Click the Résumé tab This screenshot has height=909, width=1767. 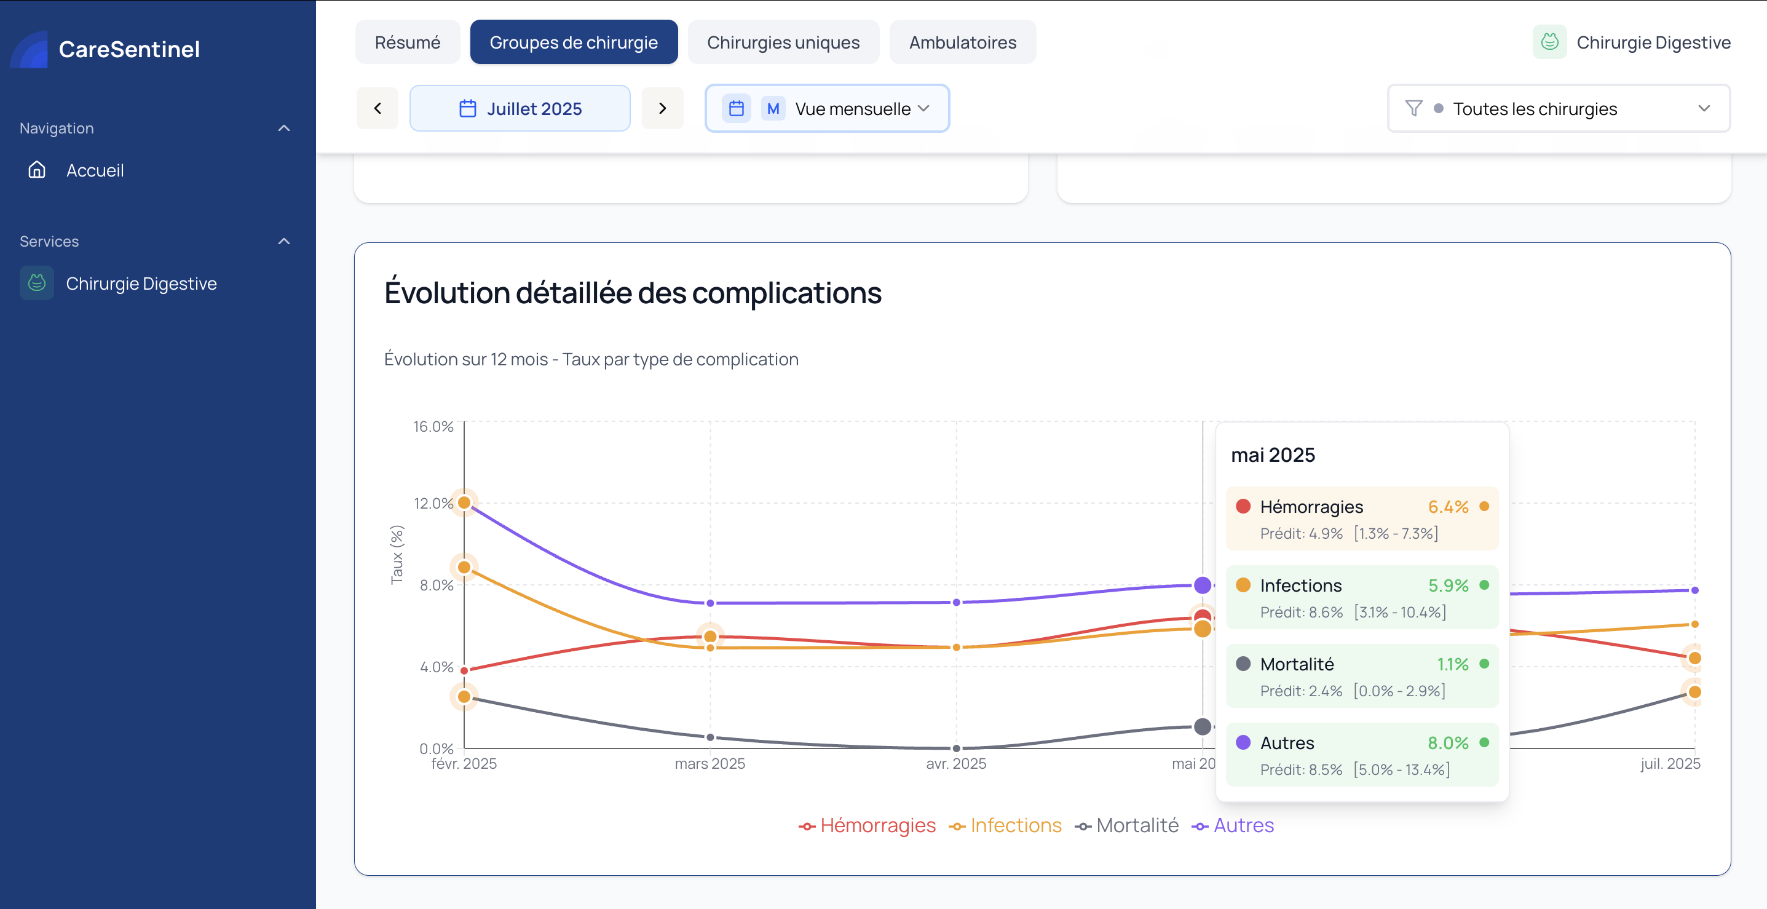pos(408,42)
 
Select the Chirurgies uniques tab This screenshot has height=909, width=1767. pos(783,42)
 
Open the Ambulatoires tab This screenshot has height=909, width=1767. pos(962,42)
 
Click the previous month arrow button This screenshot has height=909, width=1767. pos(378,108)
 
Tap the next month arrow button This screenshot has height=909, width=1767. pos(662,108)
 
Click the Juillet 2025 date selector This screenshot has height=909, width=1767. pos(520,108)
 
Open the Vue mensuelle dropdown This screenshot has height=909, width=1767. pos(828,108)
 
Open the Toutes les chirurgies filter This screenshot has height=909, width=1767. pos(1558,108)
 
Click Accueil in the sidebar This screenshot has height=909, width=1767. pos(95,170)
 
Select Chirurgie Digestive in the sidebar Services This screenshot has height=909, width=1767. pos(141,284)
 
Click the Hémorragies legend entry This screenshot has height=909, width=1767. pos(868,825)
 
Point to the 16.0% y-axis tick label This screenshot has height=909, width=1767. pos(433,427)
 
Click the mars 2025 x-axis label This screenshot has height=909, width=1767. pos(710,764)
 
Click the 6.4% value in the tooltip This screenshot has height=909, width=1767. pos(1448,507)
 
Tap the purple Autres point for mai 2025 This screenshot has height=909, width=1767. pos(1203,585)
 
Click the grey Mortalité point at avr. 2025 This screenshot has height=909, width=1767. pos(956,748)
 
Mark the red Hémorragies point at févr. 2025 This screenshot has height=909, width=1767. pos(464,670)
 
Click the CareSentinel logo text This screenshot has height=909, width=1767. pos(129,49)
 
